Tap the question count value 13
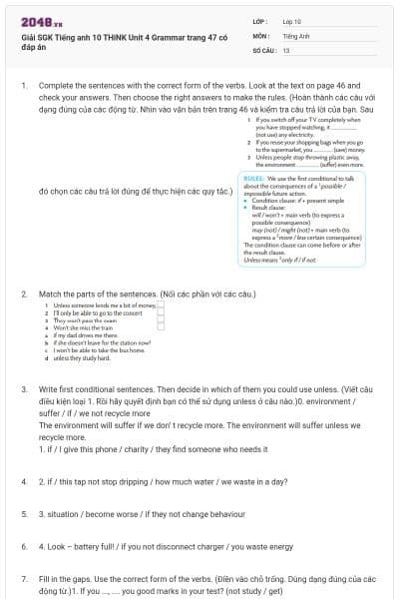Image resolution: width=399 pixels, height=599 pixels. coord(286,49)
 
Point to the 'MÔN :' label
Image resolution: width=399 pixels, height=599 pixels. coord(260,35)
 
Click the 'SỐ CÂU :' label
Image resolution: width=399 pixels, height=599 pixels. coord(263,49)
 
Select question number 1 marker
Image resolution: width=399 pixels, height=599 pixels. coord(24,87)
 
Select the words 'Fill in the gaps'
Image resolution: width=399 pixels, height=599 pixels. coord(68,579)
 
